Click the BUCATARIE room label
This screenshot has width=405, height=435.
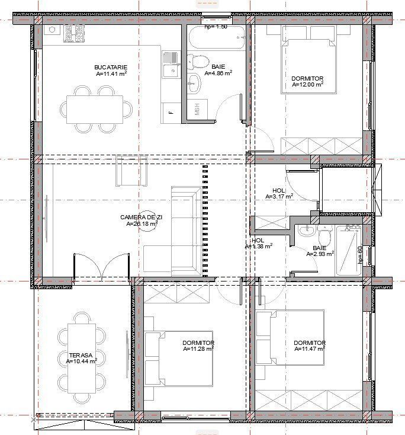(x=111, y=68)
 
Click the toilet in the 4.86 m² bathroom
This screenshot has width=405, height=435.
(x=198, y=62)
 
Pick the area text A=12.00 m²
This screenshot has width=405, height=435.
(x=308, y=85)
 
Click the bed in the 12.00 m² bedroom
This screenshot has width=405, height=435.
(x=307, y=65)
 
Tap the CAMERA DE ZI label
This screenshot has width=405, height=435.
(x=141, y=217)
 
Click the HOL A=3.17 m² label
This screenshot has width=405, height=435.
(x=279, y=192)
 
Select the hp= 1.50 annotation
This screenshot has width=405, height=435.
(x=216, y=27)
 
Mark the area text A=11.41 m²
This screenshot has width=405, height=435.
(x=111, y=75)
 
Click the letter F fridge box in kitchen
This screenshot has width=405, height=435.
(x=171, y=111)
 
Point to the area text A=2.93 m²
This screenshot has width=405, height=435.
(x=320, y=254)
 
